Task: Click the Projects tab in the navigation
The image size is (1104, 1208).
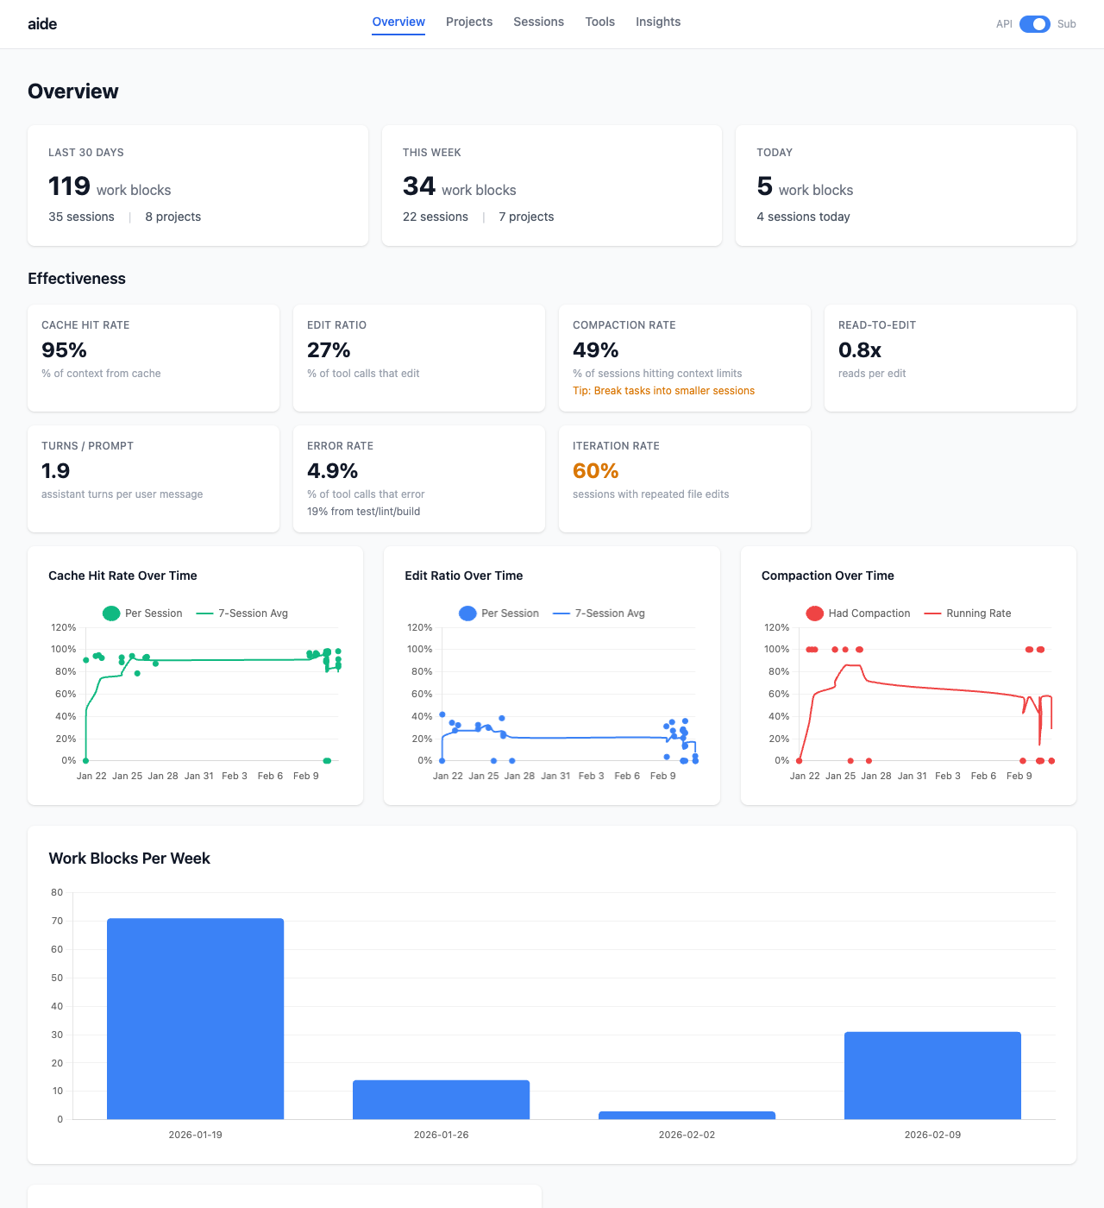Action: [469, 22]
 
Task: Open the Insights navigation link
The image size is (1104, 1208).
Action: [658, 22]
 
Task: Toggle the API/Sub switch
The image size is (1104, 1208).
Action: [1034, 24]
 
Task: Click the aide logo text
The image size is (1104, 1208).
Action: [42, 24]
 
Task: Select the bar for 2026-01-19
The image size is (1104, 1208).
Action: [195, 1018]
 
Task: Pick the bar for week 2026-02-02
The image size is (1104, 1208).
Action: [687, 1116]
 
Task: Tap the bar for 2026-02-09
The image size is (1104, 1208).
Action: [932, 1075]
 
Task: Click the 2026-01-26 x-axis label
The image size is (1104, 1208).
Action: [441, 1135]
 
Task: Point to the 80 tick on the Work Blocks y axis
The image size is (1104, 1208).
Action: [57, 893]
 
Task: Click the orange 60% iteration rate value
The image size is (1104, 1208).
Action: [596, 471]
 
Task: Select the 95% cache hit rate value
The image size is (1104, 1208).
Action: [65, 350]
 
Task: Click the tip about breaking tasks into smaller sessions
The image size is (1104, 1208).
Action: [663, 391]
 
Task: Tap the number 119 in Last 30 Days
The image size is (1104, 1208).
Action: [69, 186]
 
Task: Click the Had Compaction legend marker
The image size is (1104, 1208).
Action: [814, 613]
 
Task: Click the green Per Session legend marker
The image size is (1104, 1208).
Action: [111, 613]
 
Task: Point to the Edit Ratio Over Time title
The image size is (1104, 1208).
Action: [464, 576]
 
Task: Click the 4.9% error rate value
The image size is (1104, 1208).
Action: [332, 471]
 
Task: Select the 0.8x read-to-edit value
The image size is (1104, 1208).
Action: [860, 350]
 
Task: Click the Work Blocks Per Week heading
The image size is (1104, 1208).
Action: [129, 859]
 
